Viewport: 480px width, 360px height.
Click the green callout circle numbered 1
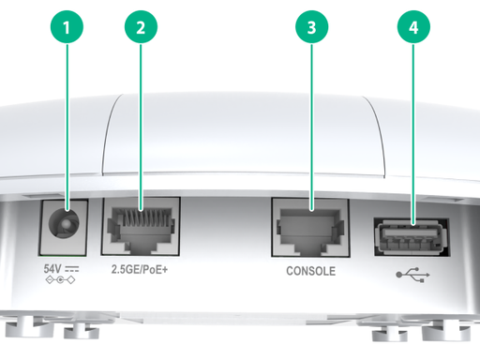[x=67, y=27]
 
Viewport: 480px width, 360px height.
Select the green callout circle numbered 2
[x=141, y=27]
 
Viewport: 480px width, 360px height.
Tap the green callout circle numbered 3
[x=311, y=27]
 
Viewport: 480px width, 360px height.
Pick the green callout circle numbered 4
[x=413, y=27]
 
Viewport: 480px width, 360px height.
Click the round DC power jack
[x=64, y=223]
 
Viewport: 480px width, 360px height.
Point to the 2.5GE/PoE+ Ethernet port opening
[x=141, y=228]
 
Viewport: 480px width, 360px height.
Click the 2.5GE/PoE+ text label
[x=140, y=269]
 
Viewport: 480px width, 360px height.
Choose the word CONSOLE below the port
[x=311, y=271]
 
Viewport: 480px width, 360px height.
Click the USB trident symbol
[x=412, y=275]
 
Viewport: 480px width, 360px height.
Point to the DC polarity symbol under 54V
[x=60, y=280]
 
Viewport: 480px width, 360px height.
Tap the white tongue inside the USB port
[x=410, y=233]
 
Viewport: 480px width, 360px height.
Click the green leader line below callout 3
[x=311, y=127]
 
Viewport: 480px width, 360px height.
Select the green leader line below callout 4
[x=413, y=134]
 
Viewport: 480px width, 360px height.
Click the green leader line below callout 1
[x=67, y=127]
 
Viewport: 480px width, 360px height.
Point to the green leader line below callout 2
[x=141, y=127]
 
